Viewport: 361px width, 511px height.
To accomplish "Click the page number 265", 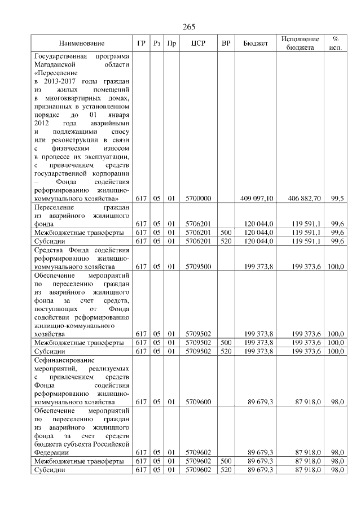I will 189,27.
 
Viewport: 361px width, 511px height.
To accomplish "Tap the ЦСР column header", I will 197,43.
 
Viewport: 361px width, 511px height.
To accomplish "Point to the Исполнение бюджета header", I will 300,43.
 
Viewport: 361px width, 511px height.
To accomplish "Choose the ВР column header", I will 226,43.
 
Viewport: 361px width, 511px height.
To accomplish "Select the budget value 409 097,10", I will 257,199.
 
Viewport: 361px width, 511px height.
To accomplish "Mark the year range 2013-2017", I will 60,82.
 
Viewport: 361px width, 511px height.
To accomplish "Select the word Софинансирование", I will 63,360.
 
